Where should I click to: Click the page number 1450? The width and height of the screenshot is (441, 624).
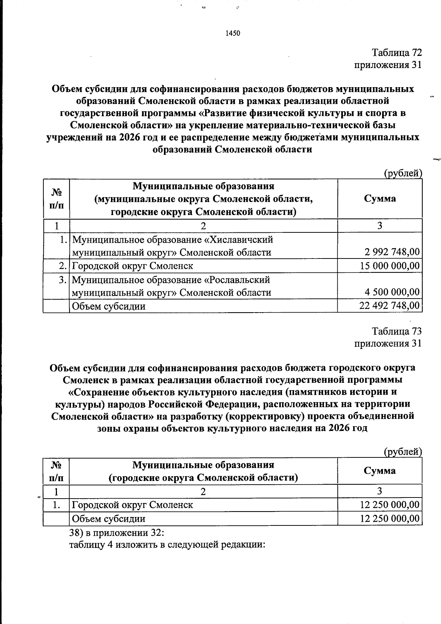pos(232,33)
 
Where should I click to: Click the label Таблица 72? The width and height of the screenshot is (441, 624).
pos(397,53)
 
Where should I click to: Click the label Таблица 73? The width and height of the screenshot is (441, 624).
pos(397,331)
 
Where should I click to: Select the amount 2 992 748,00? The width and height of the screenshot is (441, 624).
pos(392,252)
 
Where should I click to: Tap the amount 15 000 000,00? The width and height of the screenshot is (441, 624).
pos(389,265)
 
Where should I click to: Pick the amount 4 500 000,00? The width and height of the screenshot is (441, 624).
pos(392,292)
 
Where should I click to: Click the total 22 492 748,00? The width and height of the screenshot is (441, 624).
pos(389,306)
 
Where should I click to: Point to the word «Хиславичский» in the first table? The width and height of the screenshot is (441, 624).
pos(239,240)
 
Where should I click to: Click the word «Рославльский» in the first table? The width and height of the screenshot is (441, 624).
pos(237,280)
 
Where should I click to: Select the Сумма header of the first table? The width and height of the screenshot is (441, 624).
pos(380,199)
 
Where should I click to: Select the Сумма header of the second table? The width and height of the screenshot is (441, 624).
pos(380,471)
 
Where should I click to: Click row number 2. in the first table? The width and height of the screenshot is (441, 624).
pos(63,265)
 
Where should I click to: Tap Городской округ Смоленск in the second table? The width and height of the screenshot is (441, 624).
pos(132,504)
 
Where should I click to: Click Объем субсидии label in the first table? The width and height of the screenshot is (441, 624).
pos(108,306)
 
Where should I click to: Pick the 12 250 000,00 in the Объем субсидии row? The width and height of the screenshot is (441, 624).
pos(390,518)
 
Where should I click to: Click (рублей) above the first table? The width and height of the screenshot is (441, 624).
pos(402,173)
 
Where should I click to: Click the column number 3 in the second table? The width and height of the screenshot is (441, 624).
pos(380,491)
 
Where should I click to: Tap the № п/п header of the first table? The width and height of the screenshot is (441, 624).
pos(56,199)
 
